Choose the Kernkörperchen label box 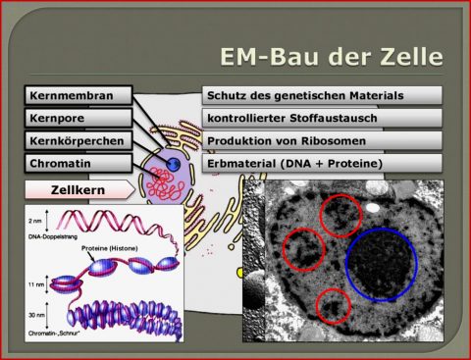click(78, 140)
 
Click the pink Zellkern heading click(79, 188)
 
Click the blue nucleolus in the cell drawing click(173, 163)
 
